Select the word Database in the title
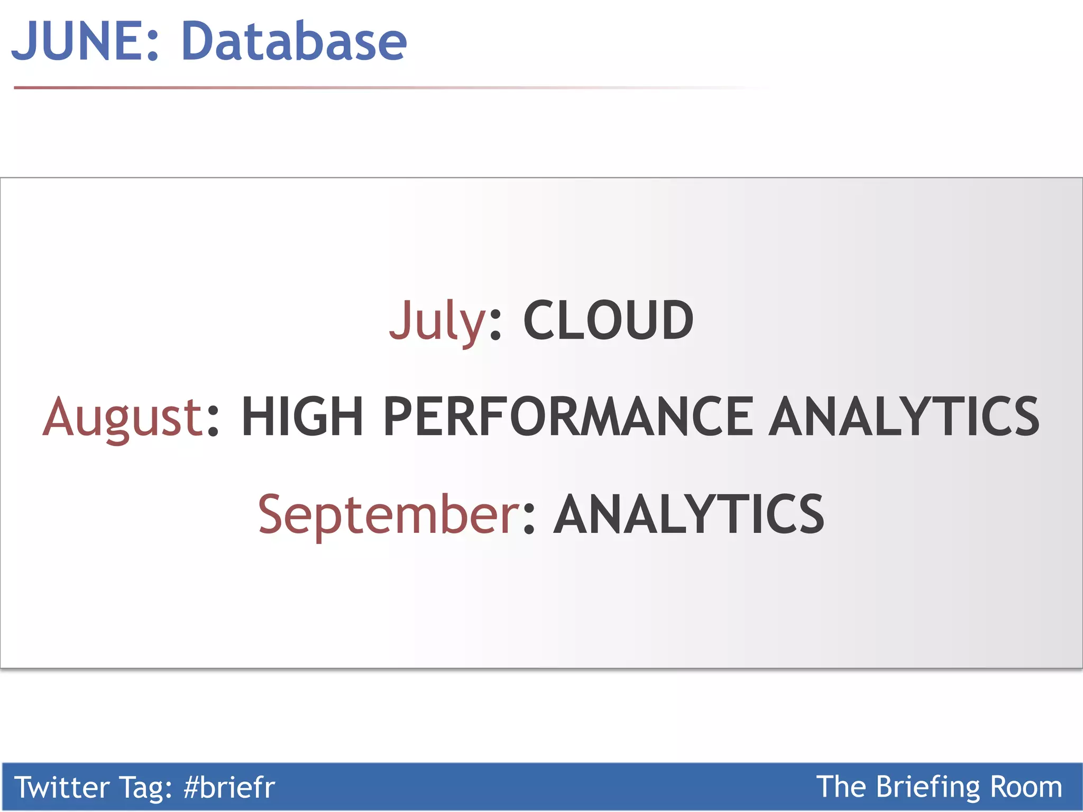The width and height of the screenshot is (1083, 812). click(x=294, y=41)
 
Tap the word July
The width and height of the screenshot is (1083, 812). click(x=437, y=320)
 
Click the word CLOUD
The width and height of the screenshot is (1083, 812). click(x=608, y=320)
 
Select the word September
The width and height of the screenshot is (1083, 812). click(x=389, y=514)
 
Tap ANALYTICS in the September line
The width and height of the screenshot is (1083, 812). click(x=689, y=514)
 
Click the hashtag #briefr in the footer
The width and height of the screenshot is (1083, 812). click(x=229, y=787)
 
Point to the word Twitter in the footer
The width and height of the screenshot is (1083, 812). click(x=61, y=787)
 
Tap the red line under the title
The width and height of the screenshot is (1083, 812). click(x=264, y=88)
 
